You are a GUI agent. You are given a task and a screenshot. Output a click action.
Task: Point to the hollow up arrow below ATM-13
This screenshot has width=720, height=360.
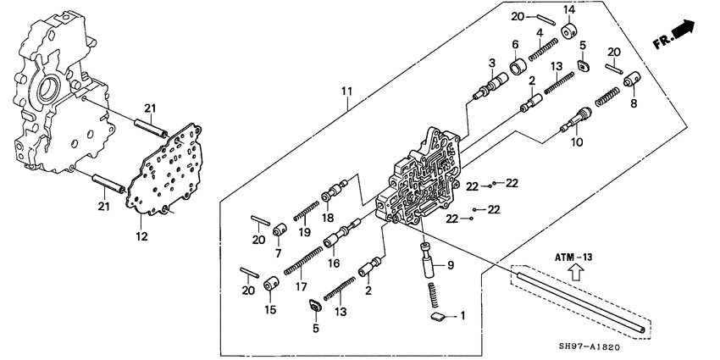point(573,271)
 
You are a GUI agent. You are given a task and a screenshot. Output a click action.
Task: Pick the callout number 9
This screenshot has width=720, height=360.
point(451,265)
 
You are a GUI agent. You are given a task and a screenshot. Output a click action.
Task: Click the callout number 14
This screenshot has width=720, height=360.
point(569,9)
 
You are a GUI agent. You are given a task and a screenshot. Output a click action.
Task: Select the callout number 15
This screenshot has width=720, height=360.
point(269,308)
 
